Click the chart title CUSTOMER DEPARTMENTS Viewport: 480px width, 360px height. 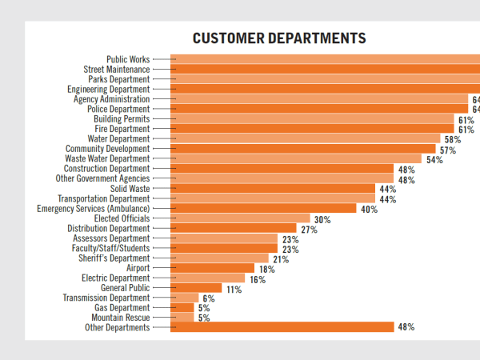pos(279,38)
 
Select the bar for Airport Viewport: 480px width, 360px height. pos(213,268)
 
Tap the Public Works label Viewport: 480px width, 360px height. pos(128,59)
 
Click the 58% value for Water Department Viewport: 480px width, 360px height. pos(453,139)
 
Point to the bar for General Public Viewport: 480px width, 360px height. pos(197,288)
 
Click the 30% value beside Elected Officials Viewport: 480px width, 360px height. pos(322,219)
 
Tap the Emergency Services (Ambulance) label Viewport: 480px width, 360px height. pos(93,209)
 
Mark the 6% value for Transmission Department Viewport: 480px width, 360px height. pos(209,298)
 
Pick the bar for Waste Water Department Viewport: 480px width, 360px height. pos(296,158)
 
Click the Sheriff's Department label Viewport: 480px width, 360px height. pos(114,258)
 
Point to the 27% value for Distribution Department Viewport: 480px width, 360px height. pos(310,229)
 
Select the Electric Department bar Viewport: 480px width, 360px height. pos(208,278)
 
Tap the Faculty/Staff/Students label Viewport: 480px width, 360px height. pos(110,248)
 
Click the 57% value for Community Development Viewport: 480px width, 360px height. pos(447,150)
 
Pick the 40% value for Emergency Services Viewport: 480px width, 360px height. pos(369,210)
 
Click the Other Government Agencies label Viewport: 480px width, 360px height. pos(102,178)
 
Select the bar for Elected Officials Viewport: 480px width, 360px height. pos(241,218)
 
